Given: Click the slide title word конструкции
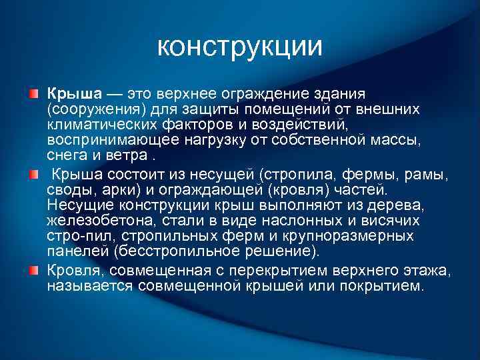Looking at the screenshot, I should pyautogui.click(x=240, y=47).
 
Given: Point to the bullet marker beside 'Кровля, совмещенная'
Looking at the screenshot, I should pyautogui.click(x=34, y=269).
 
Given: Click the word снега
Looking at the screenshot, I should pyautogui.click(x=66, y=155).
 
